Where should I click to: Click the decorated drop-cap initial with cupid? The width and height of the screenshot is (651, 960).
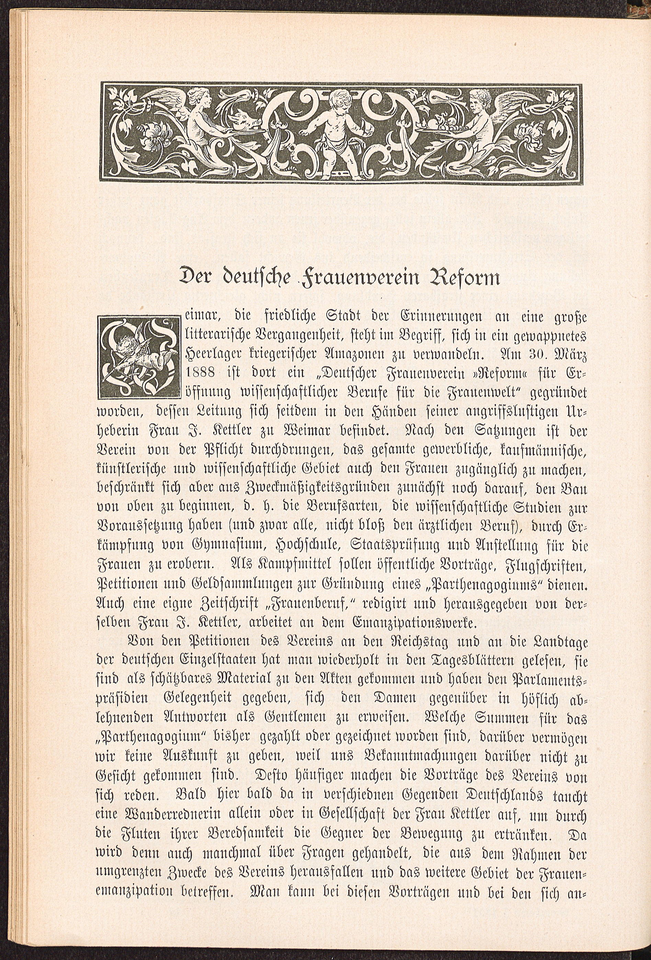[139, 357]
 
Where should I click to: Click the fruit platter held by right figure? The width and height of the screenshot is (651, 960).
[436, 124]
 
